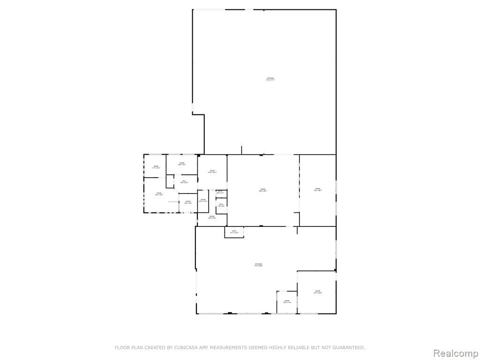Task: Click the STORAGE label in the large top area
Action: click(270, 78)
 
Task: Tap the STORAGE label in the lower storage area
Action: click(259, 264)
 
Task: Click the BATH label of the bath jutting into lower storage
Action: click(234, 231)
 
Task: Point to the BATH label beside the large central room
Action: click(221, 204)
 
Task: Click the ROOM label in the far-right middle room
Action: click(317, 189)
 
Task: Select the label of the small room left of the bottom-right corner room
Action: click(287, 301)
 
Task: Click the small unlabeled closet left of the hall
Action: click(170, 181)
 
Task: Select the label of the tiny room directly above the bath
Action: click(220, 191)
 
